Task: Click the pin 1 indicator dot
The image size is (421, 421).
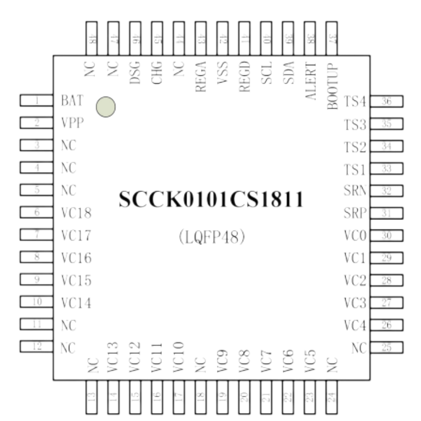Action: (106, 107)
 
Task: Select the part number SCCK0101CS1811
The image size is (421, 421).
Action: (210, 199)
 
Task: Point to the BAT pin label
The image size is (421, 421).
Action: (73, 100)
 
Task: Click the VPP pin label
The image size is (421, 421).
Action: (73, 123)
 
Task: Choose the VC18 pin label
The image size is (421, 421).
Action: (76, 213)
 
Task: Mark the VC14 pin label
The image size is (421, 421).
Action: (76, 303)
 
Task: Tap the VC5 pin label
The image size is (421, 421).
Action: (310, 361)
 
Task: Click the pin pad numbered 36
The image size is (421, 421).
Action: (387, 102)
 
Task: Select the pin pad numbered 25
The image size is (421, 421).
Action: (387, 348)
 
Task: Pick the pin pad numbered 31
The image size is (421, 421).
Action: (387, 214)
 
